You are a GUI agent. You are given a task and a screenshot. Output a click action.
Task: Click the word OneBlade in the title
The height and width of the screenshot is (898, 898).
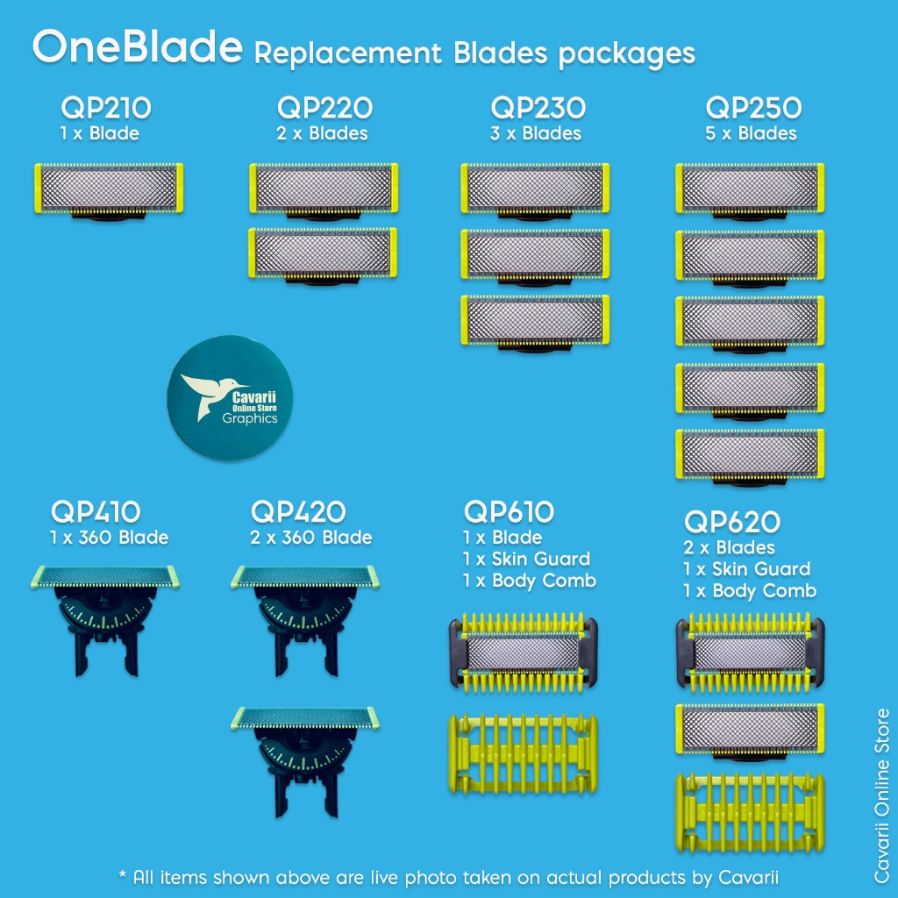coord(137,48)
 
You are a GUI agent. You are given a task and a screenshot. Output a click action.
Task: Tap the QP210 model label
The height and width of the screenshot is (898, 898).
coord(106,109)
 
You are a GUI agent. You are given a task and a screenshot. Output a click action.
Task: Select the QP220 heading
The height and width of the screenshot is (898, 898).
coord(324,109)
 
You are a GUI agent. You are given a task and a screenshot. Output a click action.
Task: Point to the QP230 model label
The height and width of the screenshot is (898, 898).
coord(538,109)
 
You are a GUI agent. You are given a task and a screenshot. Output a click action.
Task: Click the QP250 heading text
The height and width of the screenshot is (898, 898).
coord(753,109)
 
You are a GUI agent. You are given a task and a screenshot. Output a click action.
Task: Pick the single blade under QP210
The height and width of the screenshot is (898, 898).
coord(109,189)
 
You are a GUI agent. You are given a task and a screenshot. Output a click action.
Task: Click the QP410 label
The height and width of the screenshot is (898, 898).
coord(96,511)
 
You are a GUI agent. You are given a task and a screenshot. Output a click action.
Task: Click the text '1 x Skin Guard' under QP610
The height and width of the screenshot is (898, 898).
coord(526,559)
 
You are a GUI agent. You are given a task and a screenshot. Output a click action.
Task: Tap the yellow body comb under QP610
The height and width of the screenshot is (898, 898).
coord(524,753)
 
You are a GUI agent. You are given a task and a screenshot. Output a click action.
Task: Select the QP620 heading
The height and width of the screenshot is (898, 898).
coord(731,522)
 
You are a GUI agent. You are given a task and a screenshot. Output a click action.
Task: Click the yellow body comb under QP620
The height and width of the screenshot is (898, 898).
coord(750,811)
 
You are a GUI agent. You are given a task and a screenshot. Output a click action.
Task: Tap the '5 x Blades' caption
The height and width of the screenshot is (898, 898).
coord(753,134)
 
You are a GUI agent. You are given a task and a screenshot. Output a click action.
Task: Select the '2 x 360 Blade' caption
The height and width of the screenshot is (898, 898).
coord(310,538)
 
